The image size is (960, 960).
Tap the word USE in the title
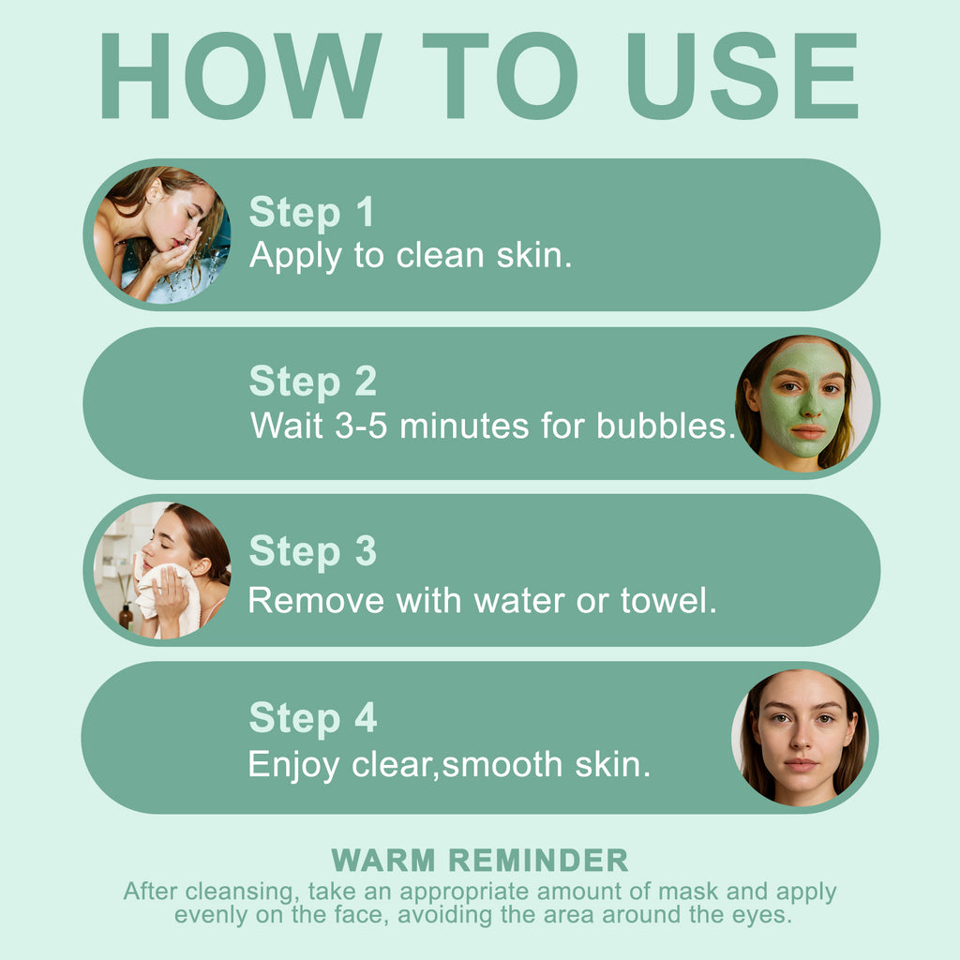(742, 76)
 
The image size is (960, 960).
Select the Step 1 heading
(311, 213)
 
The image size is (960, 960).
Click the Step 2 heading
(313, 382)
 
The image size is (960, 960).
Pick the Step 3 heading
(313, 551)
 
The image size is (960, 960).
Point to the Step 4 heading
(313, 718)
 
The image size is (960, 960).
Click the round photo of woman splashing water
(161, 235)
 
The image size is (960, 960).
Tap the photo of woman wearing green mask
(803, 403)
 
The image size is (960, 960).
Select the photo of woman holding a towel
(161, 571)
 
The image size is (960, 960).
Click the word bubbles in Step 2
(666, 426)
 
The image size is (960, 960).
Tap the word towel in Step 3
(667, 600)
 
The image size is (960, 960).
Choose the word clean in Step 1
(441, 255)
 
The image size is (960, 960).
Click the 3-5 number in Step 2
(361, 426)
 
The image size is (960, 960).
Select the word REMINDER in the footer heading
(538, 861)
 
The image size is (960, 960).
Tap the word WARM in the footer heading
(383, 861)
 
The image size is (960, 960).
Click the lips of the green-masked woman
(807, 432)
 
